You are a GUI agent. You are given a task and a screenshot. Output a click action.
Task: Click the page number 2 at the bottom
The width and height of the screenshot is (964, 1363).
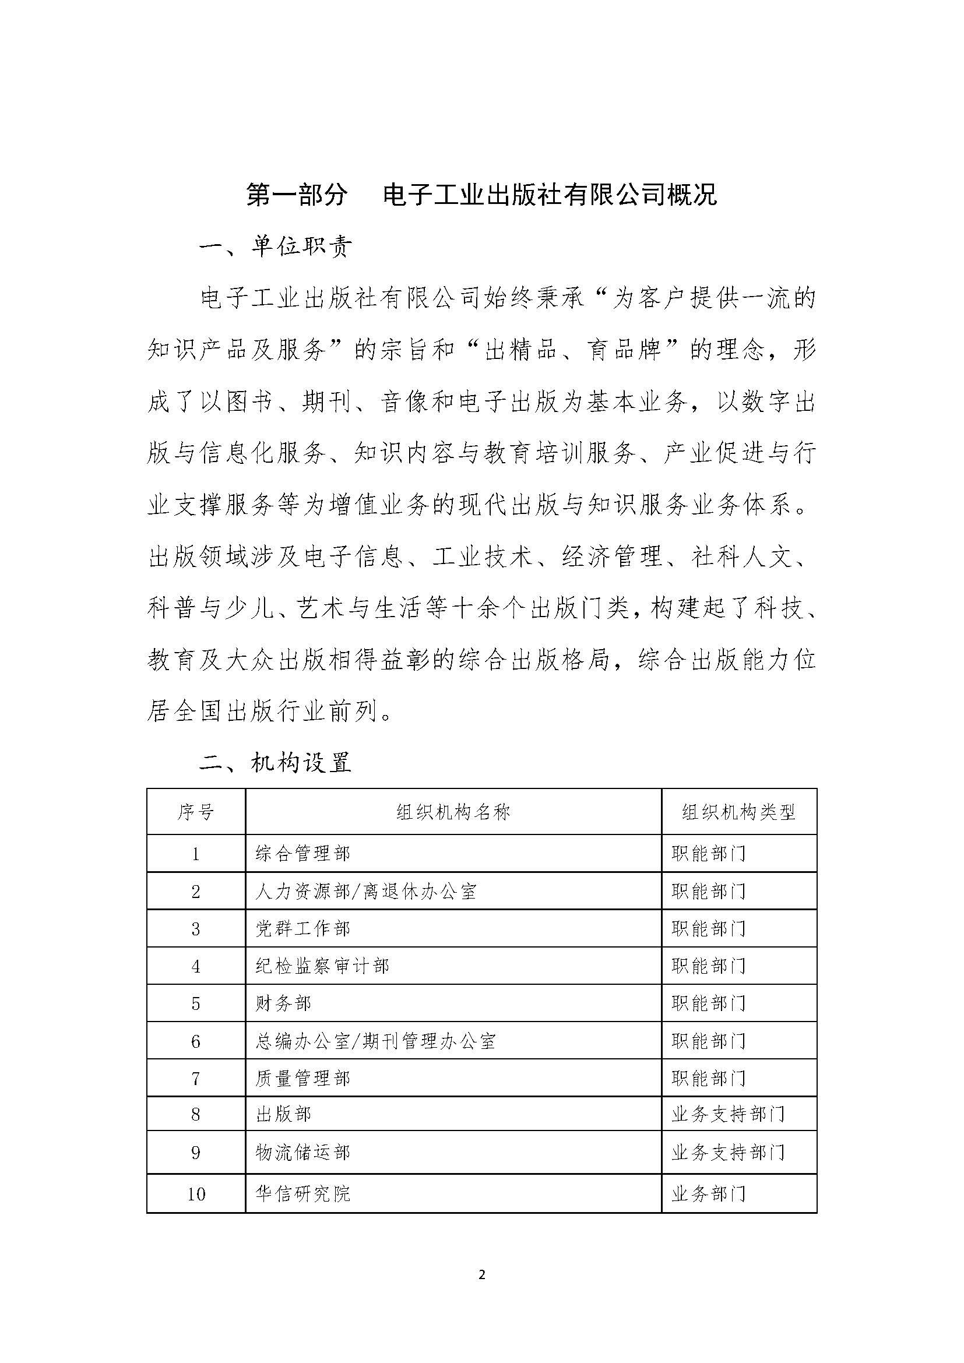point(481,1274)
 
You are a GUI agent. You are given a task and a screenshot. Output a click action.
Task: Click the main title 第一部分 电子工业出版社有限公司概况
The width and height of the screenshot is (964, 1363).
point(481,195)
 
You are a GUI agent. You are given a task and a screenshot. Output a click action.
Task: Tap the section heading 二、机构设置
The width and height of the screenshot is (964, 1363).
point(276,762)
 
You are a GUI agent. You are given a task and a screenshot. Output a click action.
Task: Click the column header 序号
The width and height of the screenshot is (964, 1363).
point(196,812)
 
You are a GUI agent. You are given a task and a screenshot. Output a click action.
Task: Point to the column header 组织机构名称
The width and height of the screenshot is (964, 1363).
point(453,812)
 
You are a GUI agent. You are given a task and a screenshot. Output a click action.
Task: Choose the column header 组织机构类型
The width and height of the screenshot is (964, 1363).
point(738,812)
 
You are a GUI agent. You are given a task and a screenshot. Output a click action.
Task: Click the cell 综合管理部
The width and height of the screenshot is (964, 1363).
point(302,854)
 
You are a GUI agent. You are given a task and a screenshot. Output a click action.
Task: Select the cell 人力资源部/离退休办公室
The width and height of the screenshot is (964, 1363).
point(365,891)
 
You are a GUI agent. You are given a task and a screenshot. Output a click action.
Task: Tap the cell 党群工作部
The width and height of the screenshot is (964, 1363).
point(302,928)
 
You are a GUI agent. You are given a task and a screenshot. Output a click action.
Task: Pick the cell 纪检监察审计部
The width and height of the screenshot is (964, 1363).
point(322,966)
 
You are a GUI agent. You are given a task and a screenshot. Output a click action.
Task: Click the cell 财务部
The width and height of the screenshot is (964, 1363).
point(283,1003)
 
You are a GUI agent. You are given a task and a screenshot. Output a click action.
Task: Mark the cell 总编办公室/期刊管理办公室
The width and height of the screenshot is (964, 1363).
point(375,1041)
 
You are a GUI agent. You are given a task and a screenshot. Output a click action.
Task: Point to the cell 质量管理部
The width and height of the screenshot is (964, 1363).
point(302,1078)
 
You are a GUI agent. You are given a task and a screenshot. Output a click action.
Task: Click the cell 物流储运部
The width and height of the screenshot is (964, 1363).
point(302,1152)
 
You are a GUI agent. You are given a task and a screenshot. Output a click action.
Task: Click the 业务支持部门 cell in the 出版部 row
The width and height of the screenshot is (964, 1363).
point(729,1114)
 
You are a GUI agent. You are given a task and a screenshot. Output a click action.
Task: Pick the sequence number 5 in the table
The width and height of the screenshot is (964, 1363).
point(196,1003)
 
